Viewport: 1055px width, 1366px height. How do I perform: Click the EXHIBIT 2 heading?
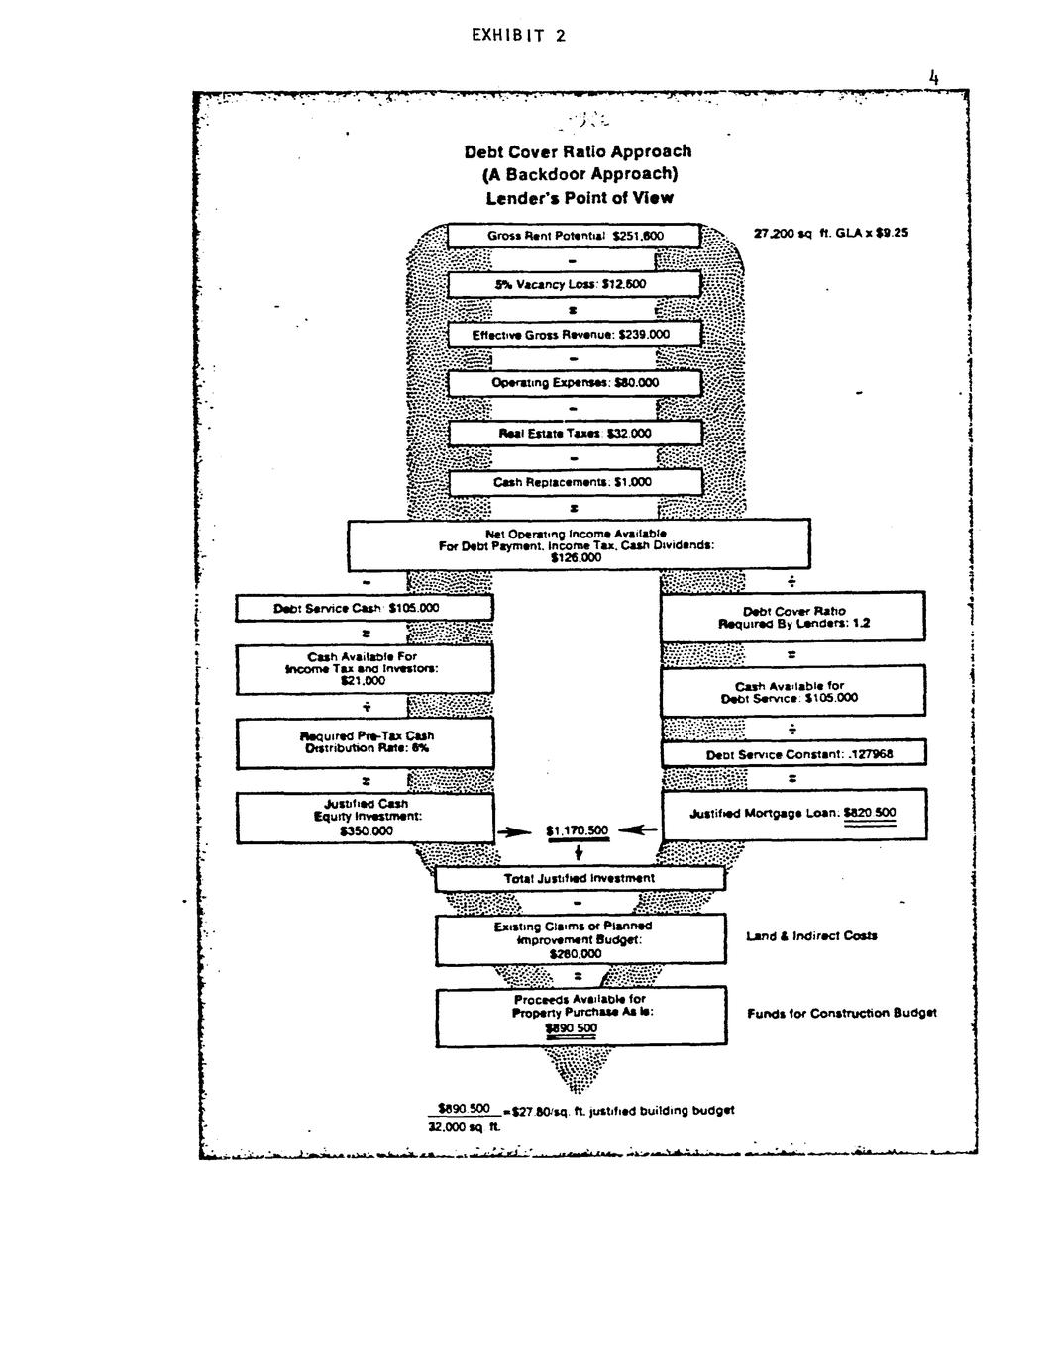[x=518, y=36]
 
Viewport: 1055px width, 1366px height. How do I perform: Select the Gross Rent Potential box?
[x=575, y=236]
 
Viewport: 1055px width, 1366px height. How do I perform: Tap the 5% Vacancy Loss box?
[x=575, y=285]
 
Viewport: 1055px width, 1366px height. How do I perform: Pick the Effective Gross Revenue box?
[x=575, y=335]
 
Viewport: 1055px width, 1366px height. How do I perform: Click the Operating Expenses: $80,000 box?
[x=575, y=383]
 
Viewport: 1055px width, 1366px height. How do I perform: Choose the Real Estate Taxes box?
[x=575, y=434]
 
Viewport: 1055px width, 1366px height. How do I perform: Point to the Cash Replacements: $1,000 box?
[x=575, y=483]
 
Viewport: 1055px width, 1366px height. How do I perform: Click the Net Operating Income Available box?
[x=578, y=544]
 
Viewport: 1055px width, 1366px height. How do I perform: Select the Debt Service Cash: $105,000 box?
[x=364, y=608]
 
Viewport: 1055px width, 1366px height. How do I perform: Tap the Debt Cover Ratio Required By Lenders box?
[x=793, y=617]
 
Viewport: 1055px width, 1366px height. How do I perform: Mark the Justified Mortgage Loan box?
[x=793, y=814]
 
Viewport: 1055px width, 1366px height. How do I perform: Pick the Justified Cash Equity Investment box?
[x=365, y=818]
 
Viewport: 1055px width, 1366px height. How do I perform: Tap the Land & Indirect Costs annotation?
[x=811, y=935]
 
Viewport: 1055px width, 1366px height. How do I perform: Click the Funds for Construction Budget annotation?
[x=841, y=1013]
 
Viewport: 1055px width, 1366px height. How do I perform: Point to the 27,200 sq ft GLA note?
[x=830, y=234]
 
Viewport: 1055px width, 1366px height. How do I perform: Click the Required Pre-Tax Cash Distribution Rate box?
[x=365, y=742]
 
